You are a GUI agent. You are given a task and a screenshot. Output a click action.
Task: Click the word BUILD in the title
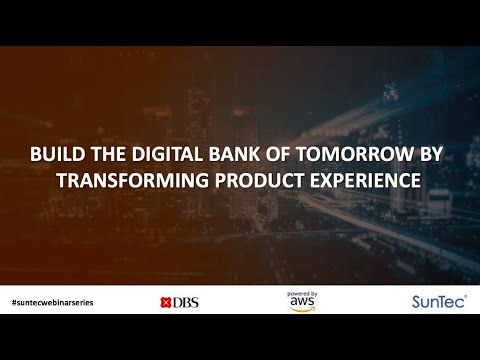click(55, 156)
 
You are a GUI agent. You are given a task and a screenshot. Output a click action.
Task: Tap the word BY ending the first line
click(436, 156)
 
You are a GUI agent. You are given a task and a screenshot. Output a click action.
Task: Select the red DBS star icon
click(166, 302)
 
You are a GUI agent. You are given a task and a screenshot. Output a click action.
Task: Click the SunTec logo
click(437, 301)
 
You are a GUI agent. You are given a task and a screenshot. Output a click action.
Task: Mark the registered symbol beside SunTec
click(465, 296)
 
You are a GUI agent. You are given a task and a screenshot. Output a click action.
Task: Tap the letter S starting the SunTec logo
click(417, 301)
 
